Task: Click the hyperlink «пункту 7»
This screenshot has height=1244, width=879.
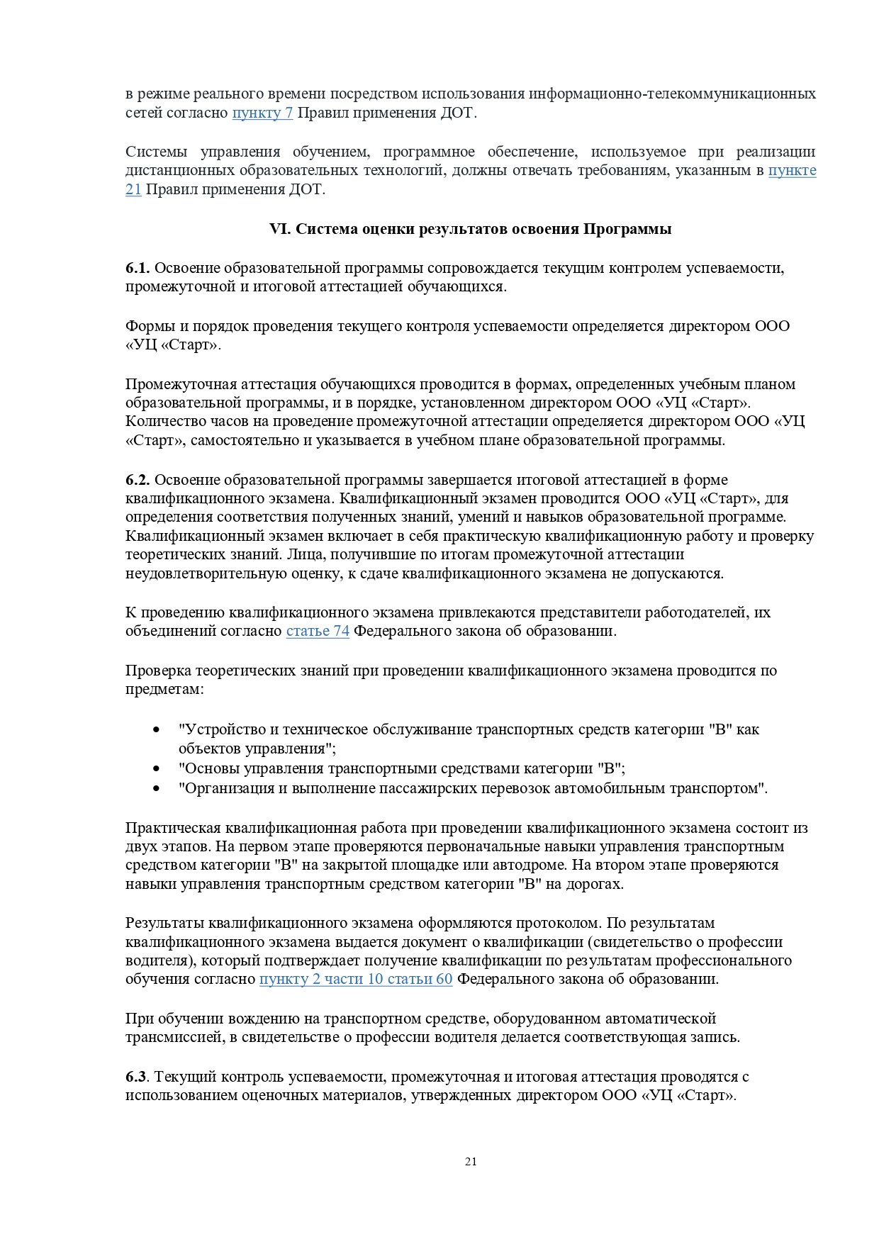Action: tap(262, 113)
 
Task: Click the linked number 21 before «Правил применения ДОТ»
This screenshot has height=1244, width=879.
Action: tap(133, 189)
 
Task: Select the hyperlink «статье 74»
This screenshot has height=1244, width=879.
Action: tap(318, 631)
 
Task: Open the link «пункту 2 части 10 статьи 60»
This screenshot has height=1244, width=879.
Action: tap(355, 979)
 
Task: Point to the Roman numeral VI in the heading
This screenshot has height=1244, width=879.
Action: tap(279, 229)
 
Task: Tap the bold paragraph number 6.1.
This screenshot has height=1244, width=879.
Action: tap(138, 268)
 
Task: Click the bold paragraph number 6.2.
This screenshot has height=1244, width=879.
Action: tap(138, 480)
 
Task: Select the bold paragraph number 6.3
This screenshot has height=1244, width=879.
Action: tap(136, 1077)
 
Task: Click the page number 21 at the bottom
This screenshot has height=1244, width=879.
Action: tap(471, 1161)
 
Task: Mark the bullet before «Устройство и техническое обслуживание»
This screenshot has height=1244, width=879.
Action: tap(157, 730)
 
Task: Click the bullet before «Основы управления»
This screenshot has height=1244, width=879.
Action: tap(157, 768)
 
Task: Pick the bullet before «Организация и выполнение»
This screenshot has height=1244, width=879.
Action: tap(157, 788)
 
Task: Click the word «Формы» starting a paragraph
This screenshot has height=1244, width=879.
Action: tap(147, 326)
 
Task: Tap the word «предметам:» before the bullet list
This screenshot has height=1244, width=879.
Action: tap(164, 689)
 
